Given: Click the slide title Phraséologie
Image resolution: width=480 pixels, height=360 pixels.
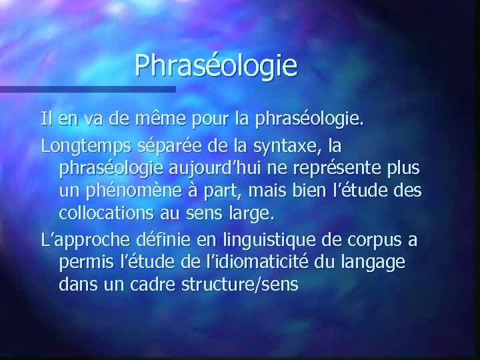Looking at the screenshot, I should tap(215, 66).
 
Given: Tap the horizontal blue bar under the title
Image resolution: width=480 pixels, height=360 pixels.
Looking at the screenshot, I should tap(87, 88).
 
